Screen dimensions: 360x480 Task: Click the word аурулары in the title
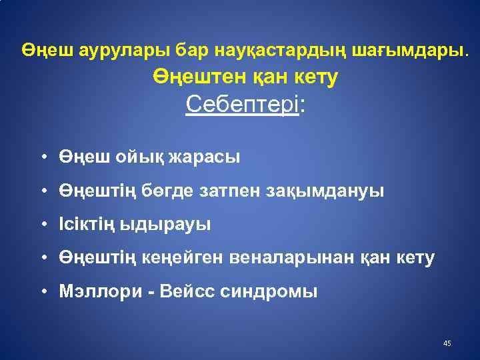click(115, 50)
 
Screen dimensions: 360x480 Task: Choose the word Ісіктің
click(88, 225)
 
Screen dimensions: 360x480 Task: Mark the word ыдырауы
click(167, 225)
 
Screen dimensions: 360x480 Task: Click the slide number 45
click(447, 343)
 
